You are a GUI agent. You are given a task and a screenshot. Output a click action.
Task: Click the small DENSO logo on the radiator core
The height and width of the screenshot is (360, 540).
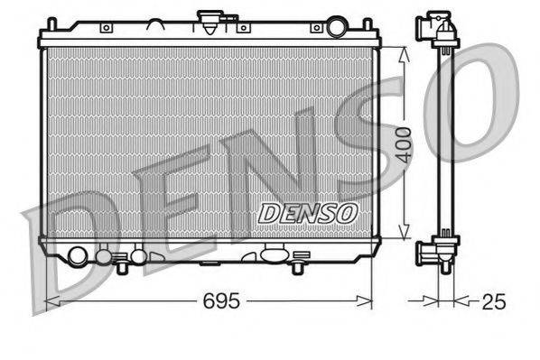tap(308, 213)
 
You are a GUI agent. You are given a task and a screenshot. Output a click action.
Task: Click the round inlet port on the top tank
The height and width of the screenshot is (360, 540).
tap(337, 27)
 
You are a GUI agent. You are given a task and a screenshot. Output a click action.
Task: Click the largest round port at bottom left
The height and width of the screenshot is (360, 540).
tap(78, 256)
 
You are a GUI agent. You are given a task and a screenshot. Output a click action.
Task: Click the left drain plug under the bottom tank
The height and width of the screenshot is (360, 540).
tap(120, 266)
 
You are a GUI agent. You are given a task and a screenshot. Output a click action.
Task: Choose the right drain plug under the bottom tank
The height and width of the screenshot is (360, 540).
tap(297, 266)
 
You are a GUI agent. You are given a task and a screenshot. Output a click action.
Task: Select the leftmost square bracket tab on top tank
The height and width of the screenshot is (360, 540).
tap(106, 28)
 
